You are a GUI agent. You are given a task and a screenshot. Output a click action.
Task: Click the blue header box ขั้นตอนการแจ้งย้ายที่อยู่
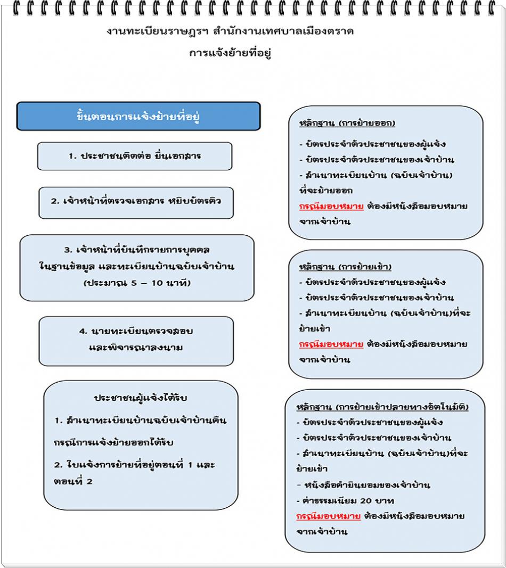[138, 116]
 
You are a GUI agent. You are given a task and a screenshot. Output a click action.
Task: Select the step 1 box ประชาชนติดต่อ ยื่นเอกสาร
[134, 156]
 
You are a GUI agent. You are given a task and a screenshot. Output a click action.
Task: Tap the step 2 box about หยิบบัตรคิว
[136, 202]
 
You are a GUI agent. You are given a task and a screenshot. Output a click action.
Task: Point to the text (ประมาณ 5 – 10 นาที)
[137, 283]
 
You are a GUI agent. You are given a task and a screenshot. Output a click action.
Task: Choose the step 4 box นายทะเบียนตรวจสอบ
[136, 339]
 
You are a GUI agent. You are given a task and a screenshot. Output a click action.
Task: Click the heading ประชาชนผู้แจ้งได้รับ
[140, 398]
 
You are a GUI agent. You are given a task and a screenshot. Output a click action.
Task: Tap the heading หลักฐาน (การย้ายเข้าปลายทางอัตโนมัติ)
[382, 407]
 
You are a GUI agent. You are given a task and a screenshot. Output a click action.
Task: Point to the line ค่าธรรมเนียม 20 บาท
[347, 500]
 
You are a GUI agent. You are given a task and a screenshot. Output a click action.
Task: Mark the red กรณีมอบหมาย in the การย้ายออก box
[331, 206]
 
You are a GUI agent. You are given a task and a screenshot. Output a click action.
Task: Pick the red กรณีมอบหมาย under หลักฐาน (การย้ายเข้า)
[331, 344]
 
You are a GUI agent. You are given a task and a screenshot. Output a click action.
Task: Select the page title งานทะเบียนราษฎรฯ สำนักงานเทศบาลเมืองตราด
[230, 31]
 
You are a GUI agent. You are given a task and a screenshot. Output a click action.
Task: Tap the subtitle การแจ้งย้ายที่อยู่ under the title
[230, 53]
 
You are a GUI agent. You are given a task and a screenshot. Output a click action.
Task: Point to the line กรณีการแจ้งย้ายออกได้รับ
[114, 442]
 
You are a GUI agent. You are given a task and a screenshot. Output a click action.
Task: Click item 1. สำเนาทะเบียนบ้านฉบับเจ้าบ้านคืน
[140, 421]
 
